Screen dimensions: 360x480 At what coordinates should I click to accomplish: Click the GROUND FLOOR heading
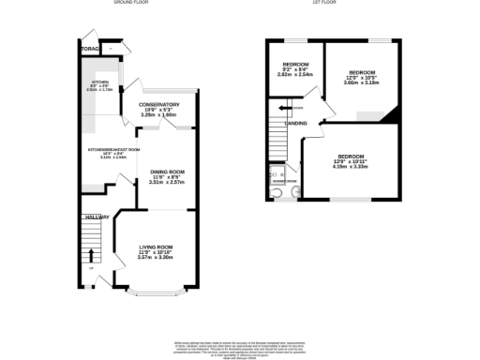[133, 3]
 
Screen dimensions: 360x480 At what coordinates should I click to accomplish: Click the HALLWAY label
[92, 217]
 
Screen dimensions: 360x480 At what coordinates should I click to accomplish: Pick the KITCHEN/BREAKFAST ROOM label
[113, 149]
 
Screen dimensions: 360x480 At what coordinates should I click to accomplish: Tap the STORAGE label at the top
[90, 48]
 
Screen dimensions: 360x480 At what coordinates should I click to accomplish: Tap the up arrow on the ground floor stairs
[91, 255]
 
